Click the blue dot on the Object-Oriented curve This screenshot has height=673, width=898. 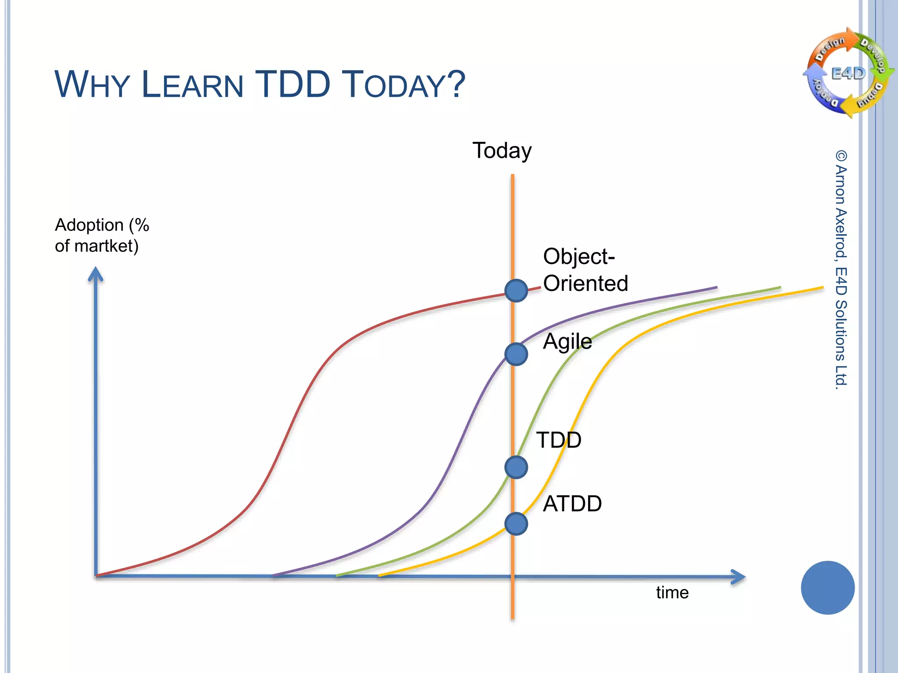(x=516, y=290)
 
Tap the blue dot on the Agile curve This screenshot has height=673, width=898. (x=516, y=354)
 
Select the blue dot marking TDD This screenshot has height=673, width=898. (x=516, y=467)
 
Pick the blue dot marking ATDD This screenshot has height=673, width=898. (x=516, y=524)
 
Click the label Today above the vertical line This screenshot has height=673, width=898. (x=502, y=151)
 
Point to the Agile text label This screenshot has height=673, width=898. (x=567, y=341)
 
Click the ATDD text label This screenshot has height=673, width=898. (x=572, y=504)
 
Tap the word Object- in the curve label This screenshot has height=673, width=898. (x=578, y=256)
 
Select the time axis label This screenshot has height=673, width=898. (x=672, y=593)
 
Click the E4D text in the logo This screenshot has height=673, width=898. (x=848, y=73)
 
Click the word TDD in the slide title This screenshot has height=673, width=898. (x=292, y=84)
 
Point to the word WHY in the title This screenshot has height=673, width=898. (x=92, y=84)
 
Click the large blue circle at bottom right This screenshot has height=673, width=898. (x=827, y=588)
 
